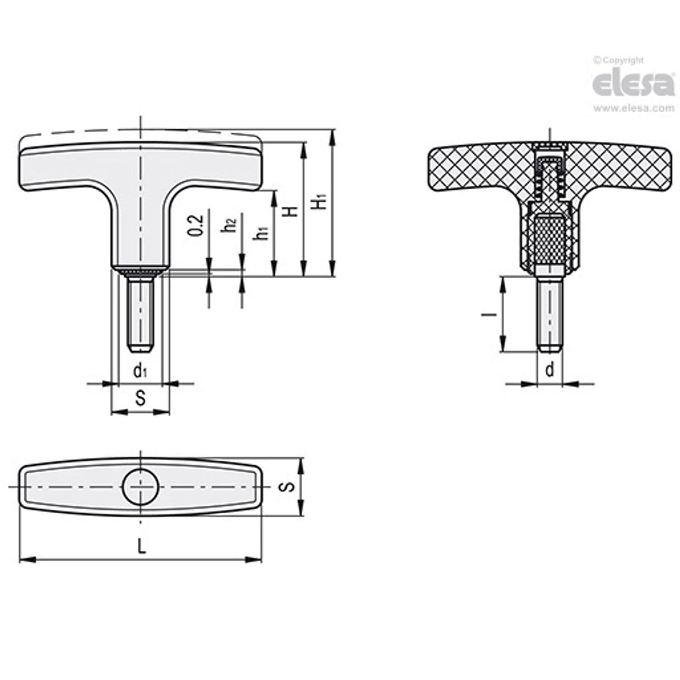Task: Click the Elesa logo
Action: pyautogui.click(x=633, y=84)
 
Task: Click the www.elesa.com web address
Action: pyautogui.click(x=633, y=109)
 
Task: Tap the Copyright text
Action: pyautogui.click(x=619, y=60)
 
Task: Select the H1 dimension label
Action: pyautogui.click(x=320, y=202)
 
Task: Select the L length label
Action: pyautogui.click(x=142, y=547)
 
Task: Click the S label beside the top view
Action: pyautogui.click(x=287, y=486)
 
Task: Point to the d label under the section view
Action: pyautogui.click(x=550, y=370)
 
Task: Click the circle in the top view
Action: pyautogui.click(x=140, y=487)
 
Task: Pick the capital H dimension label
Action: pyautogui.click(x=290, y=211)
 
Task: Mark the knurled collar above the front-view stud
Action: pyautogui.click(x=140, y=273)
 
